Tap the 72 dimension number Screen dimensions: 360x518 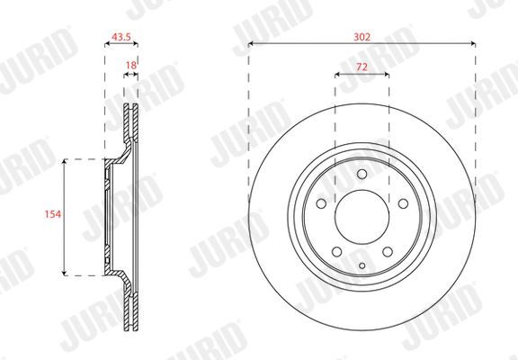point(362,67)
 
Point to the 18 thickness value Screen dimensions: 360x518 point(131,66)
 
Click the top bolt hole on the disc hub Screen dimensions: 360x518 point(362,175)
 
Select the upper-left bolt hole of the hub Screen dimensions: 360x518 point(322,204)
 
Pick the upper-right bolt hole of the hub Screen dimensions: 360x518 point(401,204)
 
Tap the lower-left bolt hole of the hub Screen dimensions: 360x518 point(337,251)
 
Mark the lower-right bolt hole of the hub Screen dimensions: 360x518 point(386,251)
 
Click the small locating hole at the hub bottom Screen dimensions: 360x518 point(362,265)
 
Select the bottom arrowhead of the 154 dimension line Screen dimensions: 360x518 point(65,272)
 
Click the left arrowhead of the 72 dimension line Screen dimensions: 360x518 point(337,76)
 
